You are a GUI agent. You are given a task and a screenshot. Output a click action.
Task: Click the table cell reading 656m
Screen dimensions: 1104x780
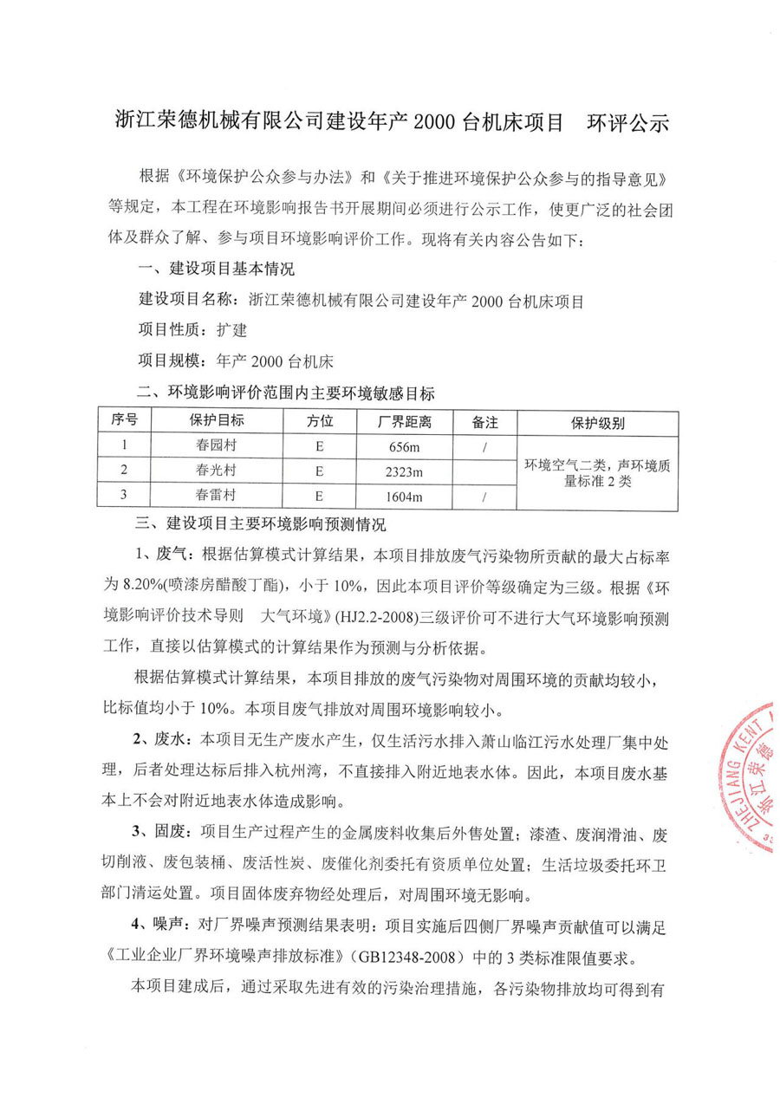(405, 447)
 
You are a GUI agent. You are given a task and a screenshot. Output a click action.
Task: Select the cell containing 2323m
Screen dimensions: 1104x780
(405, 471)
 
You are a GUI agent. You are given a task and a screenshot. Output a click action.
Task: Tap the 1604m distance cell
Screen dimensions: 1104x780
(405, 497)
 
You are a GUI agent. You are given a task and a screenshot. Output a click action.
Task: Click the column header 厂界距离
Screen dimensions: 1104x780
(405, 422)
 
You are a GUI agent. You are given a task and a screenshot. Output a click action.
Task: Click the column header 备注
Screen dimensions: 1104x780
(484, 422)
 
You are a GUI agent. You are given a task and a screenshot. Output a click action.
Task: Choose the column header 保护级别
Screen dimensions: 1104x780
(597, 423)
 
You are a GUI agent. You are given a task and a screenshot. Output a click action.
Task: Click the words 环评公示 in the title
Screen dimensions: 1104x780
(628, 122)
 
